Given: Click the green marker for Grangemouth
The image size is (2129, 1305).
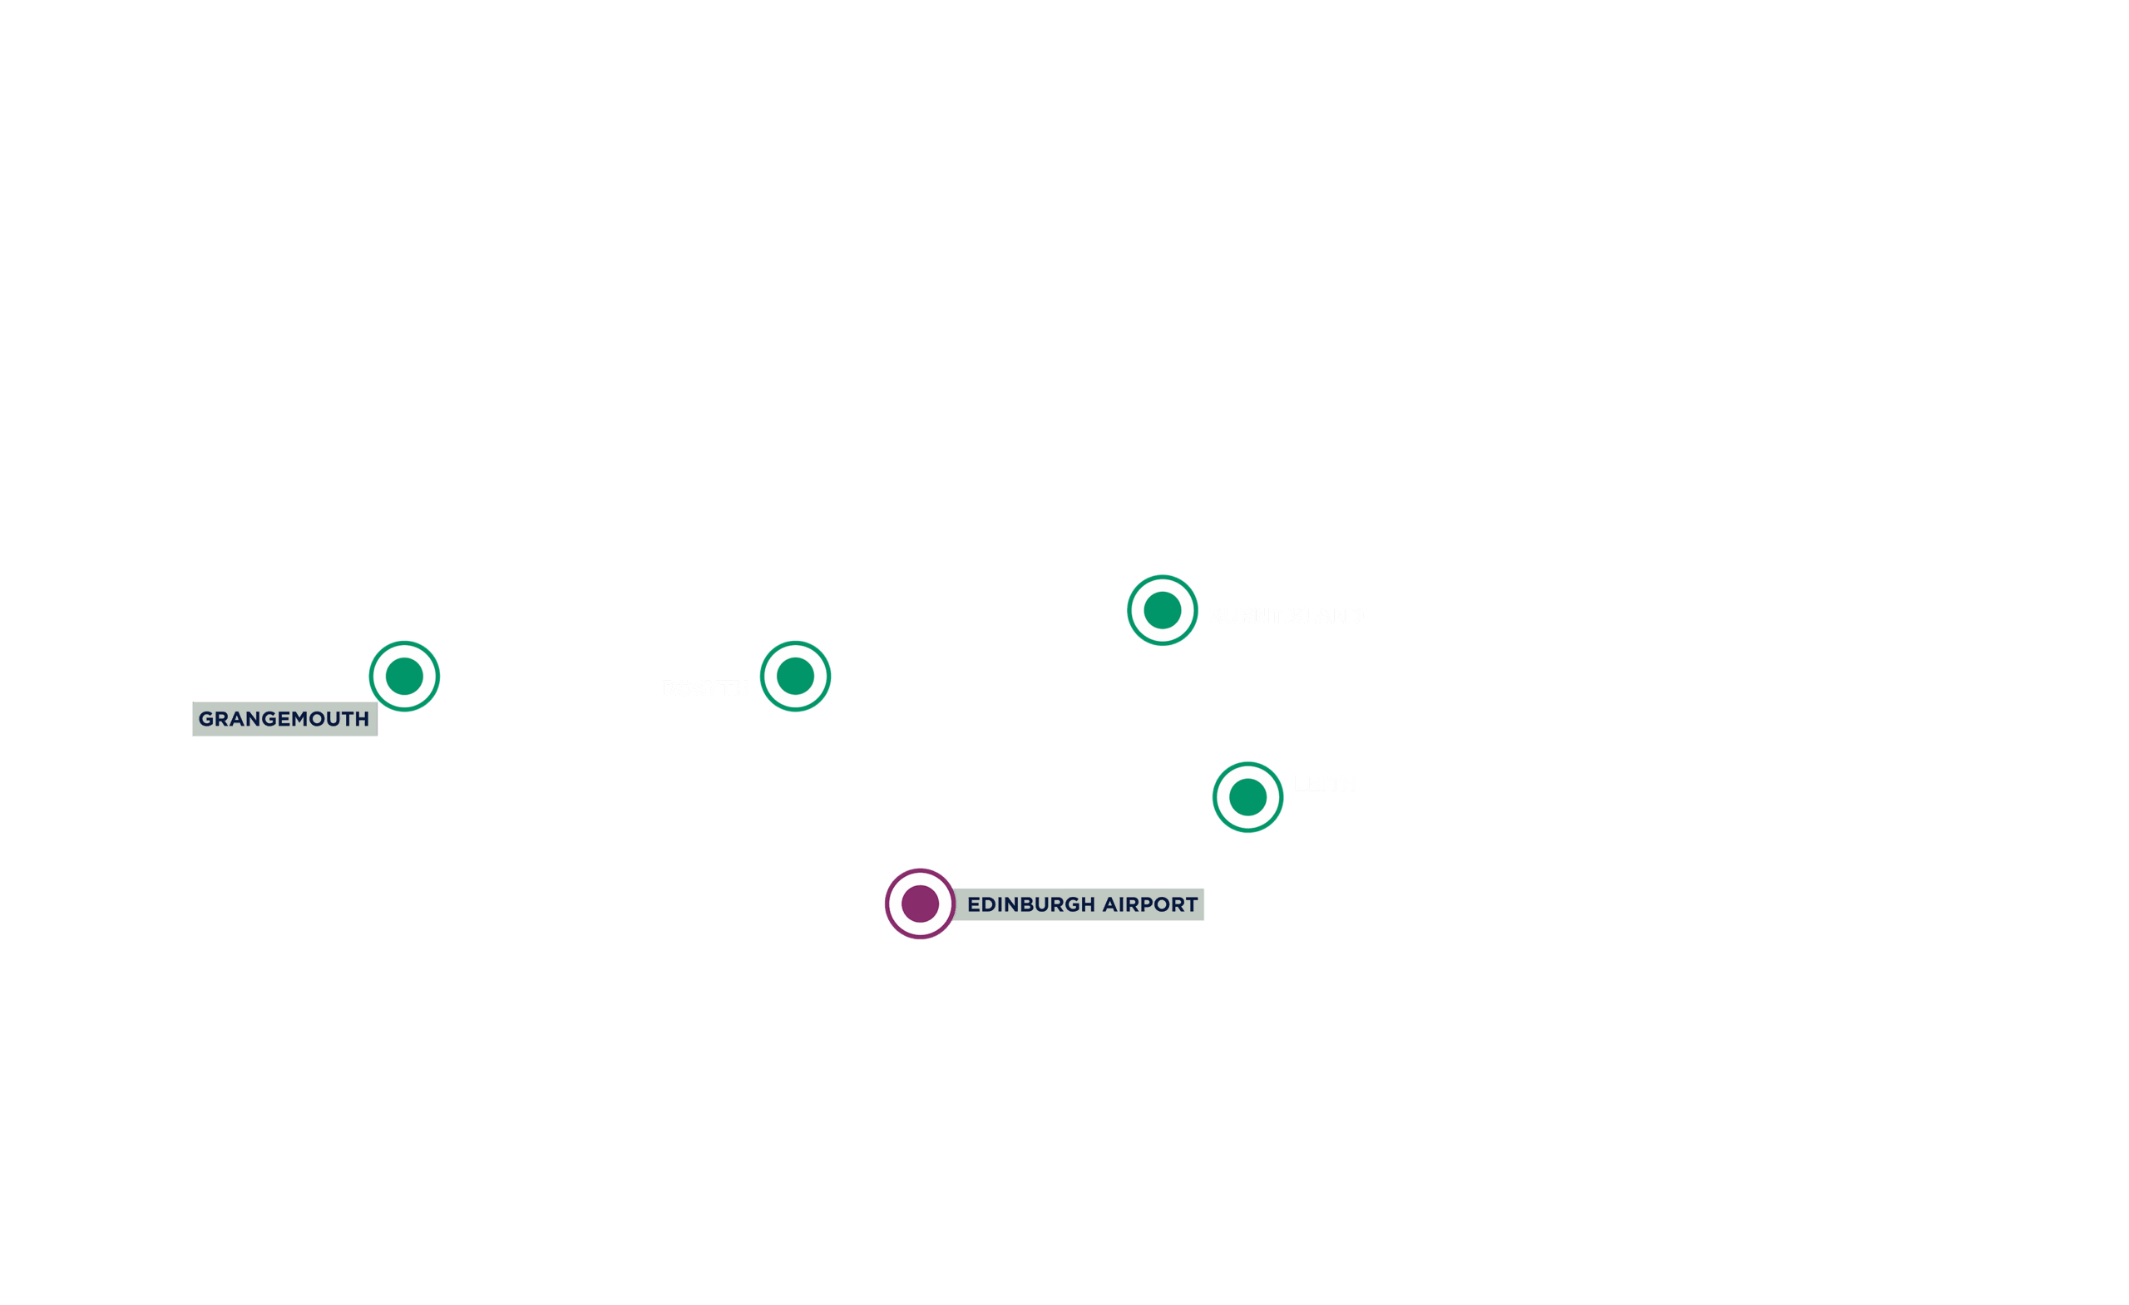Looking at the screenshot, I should pyautogui.click(x=404, y=677).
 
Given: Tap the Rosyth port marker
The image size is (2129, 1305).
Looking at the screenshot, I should pyautogui.click(x=795, y=677).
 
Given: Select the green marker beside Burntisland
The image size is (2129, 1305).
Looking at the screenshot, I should pyautogui.click(x=1162, y=611).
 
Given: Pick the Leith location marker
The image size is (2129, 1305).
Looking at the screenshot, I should pyautogui.click(x=1247, y=797).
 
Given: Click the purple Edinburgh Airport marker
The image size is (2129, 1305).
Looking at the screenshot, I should pyautogui.click(x=920, y=904).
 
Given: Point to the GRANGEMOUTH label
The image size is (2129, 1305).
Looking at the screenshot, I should pyautogui.click(x=284, y=718).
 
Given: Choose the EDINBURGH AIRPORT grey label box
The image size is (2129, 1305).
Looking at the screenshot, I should pyautogui.click(x=1080, y=904).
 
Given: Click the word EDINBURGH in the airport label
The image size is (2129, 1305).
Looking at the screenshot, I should pyautogui.click(x=1030, y=904).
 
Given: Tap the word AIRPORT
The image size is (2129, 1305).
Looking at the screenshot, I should pyautogui.click(x=1150, y=904).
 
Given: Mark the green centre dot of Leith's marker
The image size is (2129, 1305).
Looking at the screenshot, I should pyautogui.click(x=1247, y=797).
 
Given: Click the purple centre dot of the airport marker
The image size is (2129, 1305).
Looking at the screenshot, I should pyautogui.click(x=920, y=904).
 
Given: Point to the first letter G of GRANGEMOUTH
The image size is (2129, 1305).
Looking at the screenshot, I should pyautogui.click(x=206, y=718).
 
